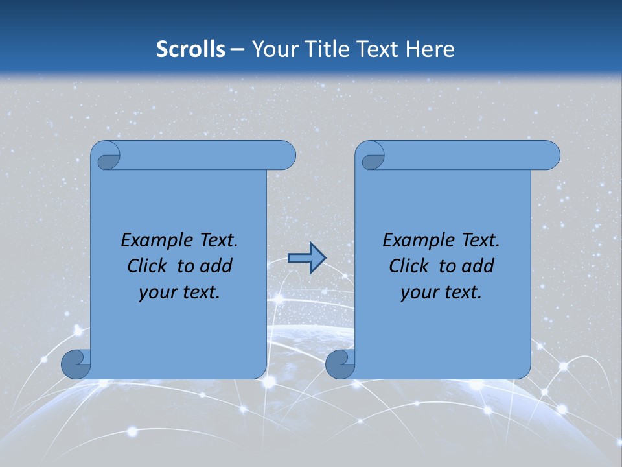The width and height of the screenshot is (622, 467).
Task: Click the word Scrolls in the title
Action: tap(190, 49)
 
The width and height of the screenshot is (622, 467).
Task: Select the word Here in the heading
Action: tap(430, 49)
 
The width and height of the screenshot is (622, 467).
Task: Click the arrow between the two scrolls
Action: tap(306, 258)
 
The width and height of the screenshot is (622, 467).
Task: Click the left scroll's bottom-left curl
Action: tap(76, 364)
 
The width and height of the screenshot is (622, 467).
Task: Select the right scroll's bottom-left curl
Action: tap(340, 364)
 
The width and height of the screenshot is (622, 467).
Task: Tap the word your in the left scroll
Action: tap(157, 293)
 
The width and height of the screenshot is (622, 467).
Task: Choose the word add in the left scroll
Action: tap(216, 267)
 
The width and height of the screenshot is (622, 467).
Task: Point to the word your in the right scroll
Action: tap(419, 293)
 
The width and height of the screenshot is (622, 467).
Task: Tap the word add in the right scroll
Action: tap(478, 267)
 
